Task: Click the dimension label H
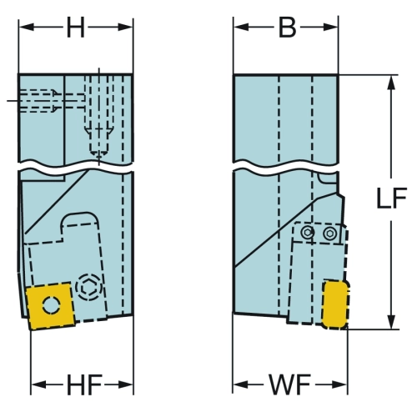tap(76, 28)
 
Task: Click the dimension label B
tap(287, 28)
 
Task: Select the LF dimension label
tap(391, 198)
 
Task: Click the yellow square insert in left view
tap(50, 306)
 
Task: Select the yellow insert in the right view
tap(335, 305)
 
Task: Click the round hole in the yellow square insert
tap(52, 305)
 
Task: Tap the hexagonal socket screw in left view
tap(89, 287)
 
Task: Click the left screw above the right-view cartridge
tap(307, 232)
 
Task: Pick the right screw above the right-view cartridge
tap(330, 233)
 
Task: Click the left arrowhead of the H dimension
tap(26, 28)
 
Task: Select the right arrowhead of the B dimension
tap(331, 28)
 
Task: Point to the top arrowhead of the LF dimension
tap(391, 83)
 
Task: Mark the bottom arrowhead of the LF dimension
tap(391, 322)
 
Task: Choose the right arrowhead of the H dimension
tap(125, 28)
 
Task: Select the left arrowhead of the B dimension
tap(241, 28)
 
